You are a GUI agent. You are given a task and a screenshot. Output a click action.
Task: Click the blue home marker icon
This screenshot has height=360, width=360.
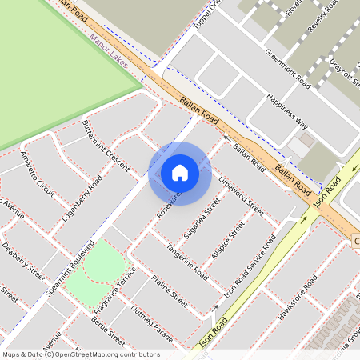tap(180, 173)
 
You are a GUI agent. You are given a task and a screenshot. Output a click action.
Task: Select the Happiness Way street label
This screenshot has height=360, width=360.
tap(286, 110)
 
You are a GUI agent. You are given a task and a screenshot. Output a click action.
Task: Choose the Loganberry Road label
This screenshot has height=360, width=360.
tap(86, 196)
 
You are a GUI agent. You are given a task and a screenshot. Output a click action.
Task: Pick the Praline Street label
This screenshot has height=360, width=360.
tap(170, 293)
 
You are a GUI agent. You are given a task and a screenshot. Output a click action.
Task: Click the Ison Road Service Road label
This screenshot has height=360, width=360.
tap(250, 267)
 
